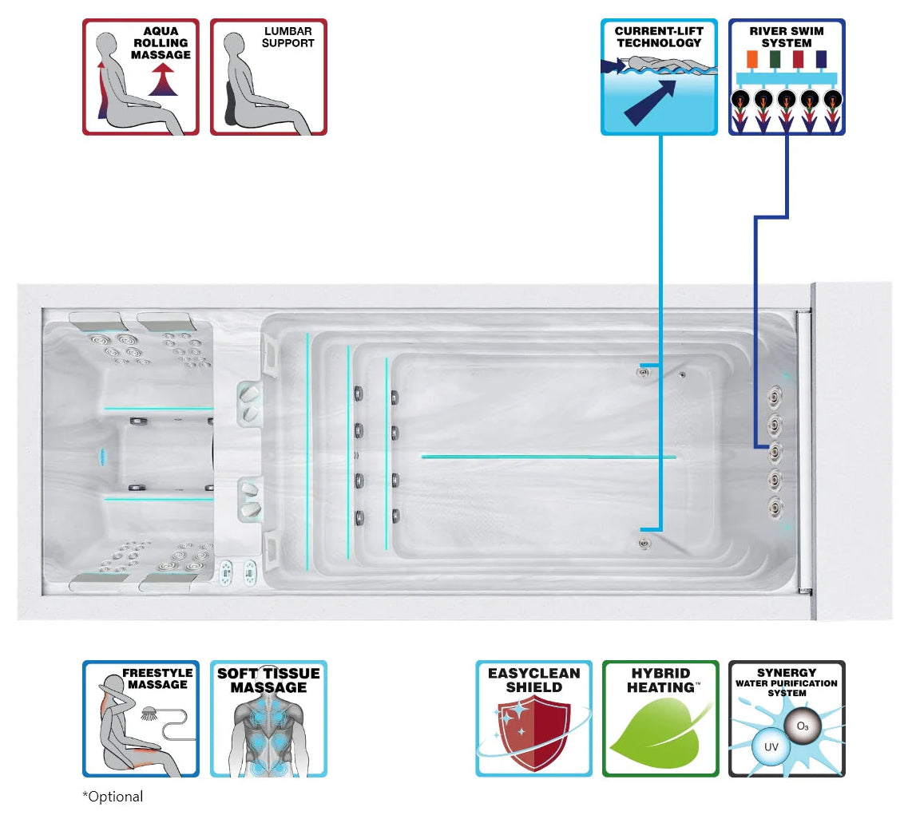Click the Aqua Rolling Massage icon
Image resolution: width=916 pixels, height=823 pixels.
click(x=141, y=77)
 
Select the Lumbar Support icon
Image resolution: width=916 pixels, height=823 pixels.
click(x=268, y=77)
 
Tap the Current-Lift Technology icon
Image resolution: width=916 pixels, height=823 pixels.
click(x=659, y=77)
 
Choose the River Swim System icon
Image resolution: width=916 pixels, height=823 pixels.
click(x=787, y=77)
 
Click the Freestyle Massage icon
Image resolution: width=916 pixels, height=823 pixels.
click(x=141, y=719)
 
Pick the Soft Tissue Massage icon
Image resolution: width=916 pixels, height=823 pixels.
click(x=268, y=719)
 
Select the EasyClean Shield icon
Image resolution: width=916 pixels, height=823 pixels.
click(x=534, y=719)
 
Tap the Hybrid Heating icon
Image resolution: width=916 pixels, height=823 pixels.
click(x=660, y=719)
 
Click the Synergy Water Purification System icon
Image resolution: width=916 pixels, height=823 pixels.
click(x=787, y=719)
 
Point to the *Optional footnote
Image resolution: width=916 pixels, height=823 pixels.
click(x=113, y=797)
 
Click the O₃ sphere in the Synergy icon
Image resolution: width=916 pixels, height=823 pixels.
click(x=803, y=726)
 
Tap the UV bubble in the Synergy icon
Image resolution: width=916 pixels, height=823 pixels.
click(x=771, y=747)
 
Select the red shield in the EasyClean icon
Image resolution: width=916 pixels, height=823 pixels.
click(x=534, y=736)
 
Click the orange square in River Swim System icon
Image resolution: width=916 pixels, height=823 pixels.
click(x=752, y=59)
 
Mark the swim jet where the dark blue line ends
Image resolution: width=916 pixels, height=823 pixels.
click(x=775, y=452)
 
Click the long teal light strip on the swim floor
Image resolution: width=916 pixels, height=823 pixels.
click(x=549, y=457)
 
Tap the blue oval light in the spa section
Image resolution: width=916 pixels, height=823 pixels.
click(x=103, y=457)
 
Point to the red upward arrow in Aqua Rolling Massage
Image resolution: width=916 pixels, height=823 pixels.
click(x=163, y=80)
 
